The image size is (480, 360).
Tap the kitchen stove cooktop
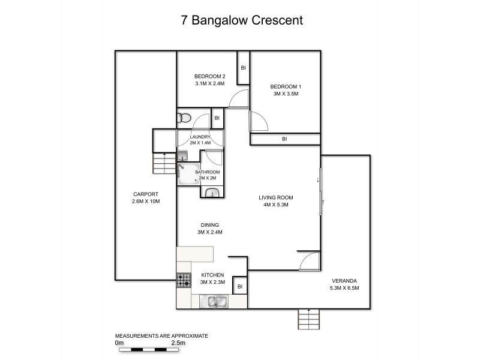[x=183, y=280]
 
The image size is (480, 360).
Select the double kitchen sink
[x=214, y=301]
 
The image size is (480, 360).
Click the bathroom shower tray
[x=188, y=173]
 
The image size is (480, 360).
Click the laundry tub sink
[x=182, y=155]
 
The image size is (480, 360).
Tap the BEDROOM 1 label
[x=284, y=86]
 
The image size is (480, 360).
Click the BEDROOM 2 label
[x=209, y=76]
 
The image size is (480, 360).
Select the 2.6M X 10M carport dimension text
[x=146, y=201]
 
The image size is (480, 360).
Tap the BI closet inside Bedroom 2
[x=243, y=67]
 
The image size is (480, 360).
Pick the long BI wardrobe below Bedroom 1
[x=284, y=139]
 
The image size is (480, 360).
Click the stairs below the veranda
[x=310, y=319]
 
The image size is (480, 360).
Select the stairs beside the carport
[x=164, y=163]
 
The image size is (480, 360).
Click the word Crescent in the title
[x=273, y=20]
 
